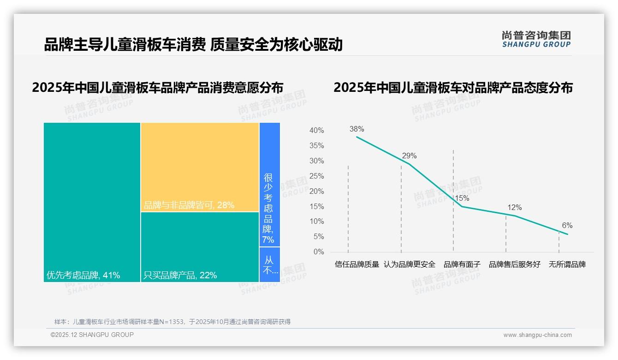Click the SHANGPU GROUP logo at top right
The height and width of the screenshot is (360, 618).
[536, 39]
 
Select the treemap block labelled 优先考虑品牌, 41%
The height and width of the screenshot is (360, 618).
[92, 202]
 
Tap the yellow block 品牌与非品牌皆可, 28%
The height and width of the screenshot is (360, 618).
[200, 167]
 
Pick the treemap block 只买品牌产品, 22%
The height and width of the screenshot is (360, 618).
[200, 247]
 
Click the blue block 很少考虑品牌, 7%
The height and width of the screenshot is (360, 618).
[269, 185]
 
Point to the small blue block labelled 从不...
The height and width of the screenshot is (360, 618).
[269, 265]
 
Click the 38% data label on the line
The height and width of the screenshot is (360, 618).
[357, 129]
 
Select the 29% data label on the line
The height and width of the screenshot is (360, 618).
[409, 156]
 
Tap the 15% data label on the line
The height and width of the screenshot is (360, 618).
[462, 198]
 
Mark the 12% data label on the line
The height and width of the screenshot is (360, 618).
[515, 208]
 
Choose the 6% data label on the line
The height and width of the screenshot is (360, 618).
[567, 226]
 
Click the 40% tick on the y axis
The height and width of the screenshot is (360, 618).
[316, 131]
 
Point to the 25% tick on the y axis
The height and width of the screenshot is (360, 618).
[316, 176]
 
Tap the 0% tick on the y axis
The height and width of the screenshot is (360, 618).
[319, 252]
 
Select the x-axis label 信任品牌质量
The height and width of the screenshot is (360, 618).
[357, 265]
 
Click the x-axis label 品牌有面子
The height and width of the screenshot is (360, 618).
[462, 265]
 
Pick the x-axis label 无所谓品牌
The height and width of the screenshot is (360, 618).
[567, 265]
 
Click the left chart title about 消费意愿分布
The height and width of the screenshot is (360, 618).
[157, 87]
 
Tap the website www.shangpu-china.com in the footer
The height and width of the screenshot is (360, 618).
[537, 335]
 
